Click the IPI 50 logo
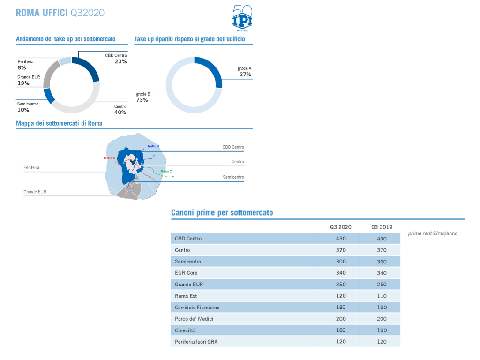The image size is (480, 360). (242, 18)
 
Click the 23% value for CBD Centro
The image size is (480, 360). (120, 61)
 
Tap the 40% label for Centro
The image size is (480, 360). (120, 112)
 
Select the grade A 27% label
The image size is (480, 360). (245, 72)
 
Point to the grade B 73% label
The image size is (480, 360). (143, 97)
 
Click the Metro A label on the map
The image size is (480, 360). (109, 158)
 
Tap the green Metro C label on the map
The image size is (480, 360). (166, 171)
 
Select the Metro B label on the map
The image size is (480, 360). (153, 146)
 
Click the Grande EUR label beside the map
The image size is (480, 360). (35, 192)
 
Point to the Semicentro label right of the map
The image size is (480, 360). (233, 177)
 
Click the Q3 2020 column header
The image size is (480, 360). (340, 227)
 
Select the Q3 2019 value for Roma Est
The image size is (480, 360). (382, 296)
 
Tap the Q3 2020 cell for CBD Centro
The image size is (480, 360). (341, 239)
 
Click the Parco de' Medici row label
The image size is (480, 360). (192, 319)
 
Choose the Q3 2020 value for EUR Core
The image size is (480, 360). (341, 273)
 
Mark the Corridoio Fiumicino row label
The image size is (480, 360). (197, 307)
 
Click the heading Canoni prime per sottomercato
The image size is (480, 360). (222, 213)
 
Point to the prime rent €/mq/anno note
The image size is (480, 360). (433, 233)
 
